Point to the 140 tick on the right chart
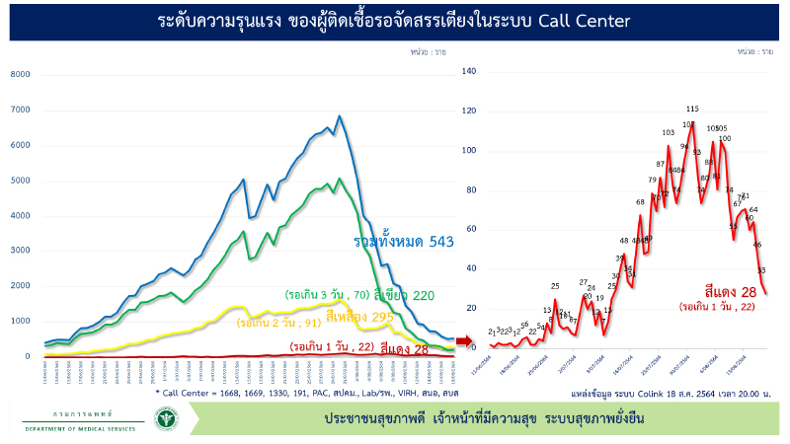point(468,71)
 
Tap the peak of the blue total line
point(340,116)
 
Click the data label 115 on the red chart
point(692,109)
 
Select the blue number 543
point(440,242)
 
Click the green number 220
point(423,294)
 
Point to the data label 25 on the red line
point(555,287)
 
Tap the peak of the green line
point(340,179)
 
